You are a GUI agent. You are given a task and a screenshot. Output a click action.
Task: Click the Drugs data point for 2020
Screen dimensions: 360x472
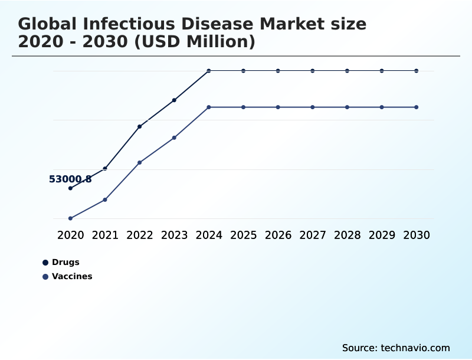click(70, 188)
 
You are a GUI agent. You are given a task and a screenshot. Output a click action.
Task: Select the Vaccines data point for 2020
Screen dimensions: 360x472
click(70, 218)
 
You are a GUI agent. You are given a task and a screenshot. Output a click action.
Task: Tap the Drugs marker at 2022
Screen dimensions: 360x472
click(140, 126)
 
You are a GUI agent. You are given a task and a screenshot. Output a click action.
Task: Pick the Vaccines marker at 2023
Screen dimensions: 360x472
click(174, 138)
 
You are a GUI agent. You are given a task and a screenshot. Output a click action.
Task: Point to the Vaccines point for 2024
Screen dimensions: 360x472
click(209, 107)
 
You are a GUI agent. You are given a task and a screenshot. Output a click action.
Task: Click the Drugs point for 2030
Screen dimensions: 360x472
click(417, 71)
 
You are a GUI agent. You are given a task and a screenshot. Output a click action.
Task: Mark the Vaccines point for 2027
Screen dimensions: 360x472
click(313, 107)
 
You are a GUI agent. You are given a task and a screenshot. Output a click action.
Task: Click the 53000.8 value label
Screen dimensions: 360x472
click(70, 179)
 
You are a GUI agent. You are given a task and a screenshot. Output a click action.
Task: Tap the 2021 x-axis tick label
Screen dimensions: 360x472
click(105, 235)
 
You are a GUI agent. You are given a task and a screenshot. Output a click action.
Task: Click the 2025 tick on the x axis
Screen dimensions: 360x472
click(243, 235)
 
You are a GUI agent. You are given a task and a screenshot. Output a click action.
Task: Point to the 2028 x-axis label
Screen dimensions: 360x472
click(347, 235)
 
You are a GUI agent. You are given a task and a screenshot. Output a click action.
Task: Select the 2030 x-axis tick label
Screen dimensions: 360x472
click(417, 235)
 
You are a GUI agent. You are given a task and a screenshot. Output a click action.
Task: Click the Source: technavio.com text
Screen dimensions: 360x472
click(396, 348)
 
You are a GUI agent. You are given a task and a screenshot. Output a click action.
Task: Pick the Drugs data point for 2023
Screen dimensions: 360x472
click(174, 100)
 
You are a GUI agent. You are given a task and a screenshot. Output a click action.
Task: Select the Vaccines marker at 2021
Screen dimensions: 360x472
click(105, 199)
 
